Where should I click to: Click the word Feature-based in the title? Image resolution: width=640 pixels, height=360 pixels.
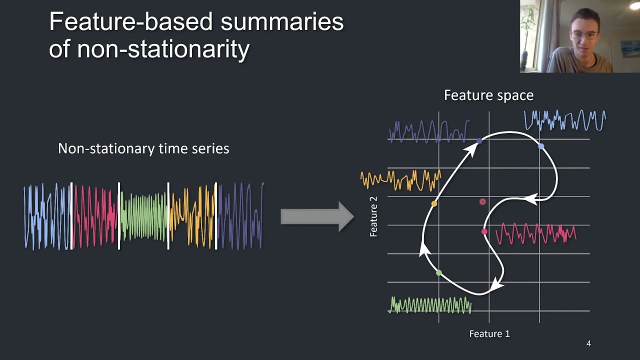coord(131,21)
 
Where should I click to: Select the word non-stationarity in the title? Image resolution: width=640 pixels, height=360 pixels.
coord(163,49)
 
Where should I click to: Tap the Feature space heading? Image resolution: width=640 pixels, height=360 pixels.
coord(489,95)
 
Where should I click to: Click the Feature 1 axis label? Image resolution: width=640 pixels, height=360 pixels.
coord(489,333)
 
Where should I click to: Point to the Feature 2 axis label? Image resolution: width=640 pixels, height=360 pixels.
coord(373,217)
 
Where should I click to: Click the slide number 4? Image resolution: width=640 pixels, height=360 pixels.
coord(588,343)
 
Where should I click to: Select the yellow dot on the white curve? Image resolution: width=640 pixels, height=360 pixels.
coord(434,203)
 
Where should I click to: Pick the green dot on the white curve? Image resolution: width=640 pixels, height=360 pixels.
coord(439,273)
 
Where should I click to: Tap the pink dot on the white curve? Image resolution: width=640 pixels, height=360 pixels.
coord(484,231)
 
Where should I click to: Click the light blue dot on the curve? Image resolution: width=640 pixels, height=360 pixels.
coord(541,146)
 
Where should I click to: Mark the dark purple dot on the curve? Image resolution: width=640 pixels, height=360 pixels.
coord(479,141)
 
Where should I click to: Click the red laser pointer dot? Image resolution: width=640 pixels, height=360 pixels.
coord(482,201)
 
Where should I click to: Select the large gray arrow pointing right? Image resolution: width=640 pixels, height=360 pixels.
coord(317,216)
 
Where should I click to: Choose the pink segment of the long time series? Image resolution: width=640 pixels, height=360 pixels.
coord(95,216)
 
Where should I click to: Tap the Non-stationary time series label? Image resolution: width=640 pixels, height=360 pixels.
coord(143,149)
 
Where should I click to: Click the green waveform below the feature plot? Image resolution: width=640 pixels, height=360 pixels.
coord(430,305)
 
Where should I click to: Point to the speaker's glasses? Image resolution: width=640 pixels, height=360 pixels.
coord(583,35)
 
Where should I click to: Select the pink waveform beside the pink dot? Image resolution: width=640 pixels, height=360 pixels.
coord(536,233)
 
